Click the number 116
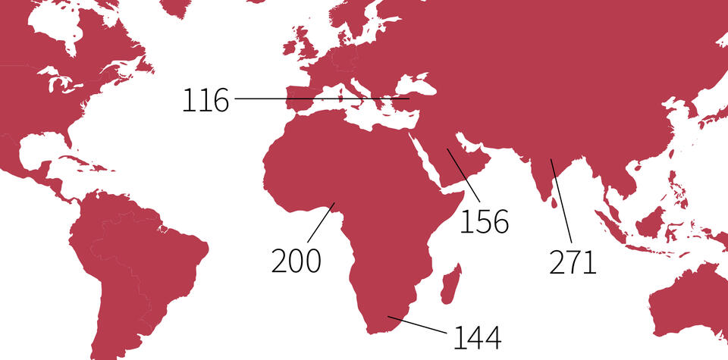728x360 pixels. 205,101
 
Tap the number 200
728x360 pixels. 297,260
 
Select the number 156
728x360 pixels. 485,221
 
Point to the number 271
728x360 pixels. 573,261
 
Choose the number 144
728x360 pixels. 478,338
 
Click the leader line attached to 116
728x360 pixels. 318,99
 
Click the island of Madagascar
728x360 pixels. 450,282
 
